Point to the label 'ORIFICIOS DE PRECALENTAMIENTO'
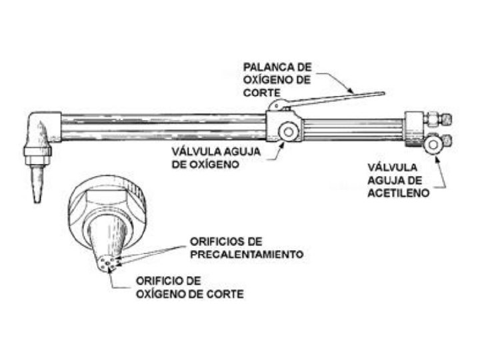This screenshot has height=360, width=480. tap(246, 247)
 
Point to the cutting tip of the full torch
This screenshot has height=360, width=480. tap(35, 183)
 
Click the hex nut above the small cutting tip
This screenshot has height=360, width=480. tap(37, 152)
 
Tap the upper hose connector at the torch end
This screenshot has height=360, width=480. tap(441, 120)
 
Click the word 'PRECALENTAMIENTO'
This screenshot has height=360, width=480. tap(247, 254)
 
